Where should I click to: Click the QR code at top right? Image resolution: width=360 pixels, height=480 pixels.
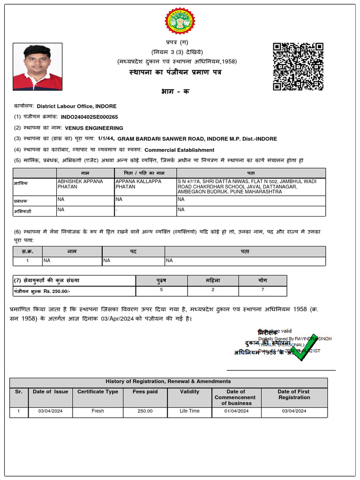point(298,66)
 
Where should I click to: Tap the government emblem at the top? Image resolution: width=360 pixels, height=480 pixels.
point(180,21)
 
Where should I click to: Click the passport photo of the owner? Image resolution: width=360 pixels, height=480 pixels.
point(37,67)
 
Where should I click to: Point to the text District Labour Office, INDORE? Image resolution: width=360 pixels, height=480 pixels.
point(77,106)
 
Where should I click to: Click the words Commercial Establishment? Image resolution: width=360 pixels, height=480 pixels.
point(179,150)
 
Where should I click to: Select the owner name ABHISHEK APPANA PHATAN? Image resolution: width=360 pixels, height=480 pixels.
point(80,184)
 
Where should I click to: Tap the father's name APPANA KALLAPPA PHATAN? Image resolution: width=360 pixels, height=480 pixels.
point(138,184)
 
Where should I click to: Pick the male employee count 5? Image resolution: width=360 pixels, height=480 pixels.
point(161,290)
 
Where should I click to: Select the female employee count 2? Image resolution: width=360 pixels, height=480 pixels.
point(213,290)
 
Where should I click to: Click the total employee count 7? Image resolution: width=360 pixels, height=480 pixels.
point(262,290)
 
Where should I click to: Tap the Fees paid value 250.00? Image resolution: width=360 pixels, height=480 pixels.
point(145,411)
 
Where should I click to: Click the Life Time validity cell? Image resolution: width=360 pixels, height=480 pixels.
point(189,411)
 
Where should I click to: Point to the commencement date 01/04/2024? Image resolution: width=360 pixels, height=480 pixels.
point(236,411)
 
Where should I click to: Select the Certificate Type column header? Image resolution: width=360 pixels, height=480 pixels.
point(97,392)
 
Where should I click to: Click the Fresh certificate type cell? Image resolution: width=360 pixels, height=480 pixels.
point(97,411)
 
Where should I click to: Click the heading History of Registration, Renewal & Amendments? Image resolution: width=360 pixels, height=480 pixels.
point(168,382)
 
